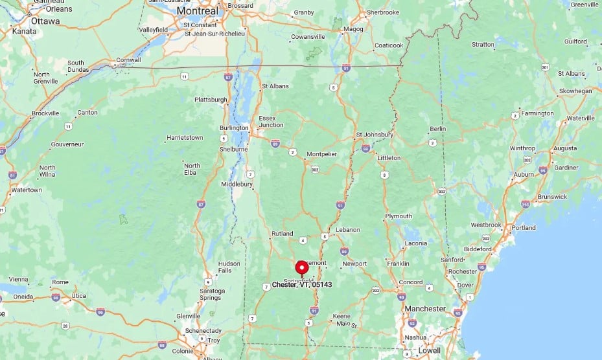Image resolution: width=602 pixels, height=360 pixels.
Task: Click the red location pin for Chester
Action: [x=301, y=268]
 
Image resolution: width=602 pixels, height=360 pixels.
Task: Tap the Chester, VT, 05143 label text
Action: [x=302, y=284]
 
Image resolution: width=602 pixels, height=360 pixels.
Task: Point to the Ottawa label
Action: [x=45, y=21]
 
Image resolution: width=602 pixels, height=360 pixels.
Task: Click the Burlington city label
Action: [x=233, y=128]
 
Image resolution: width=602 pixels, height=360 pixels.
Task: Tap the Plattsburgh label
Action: [x=211, y=100]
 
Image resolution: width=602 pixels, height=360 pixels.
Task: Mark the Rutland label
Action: [x=282, y=233]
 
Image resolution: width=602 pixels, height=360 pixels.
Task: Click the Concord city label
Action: [x=411, y=282]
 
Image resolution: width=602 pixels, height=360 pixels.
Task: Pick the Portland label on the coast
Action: [x=523, y=228]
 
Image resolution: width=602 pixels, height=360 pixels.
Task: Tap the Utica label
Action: [x=78, y=295]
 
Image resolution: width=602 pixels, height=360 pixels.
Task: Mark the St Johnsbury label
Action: [x=375, y=135]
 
